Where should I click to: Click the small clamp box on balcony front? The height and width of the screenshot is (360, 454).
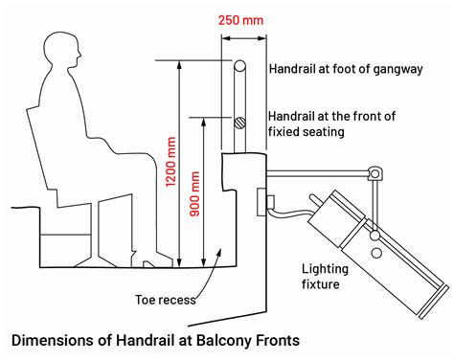[266, 202]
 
